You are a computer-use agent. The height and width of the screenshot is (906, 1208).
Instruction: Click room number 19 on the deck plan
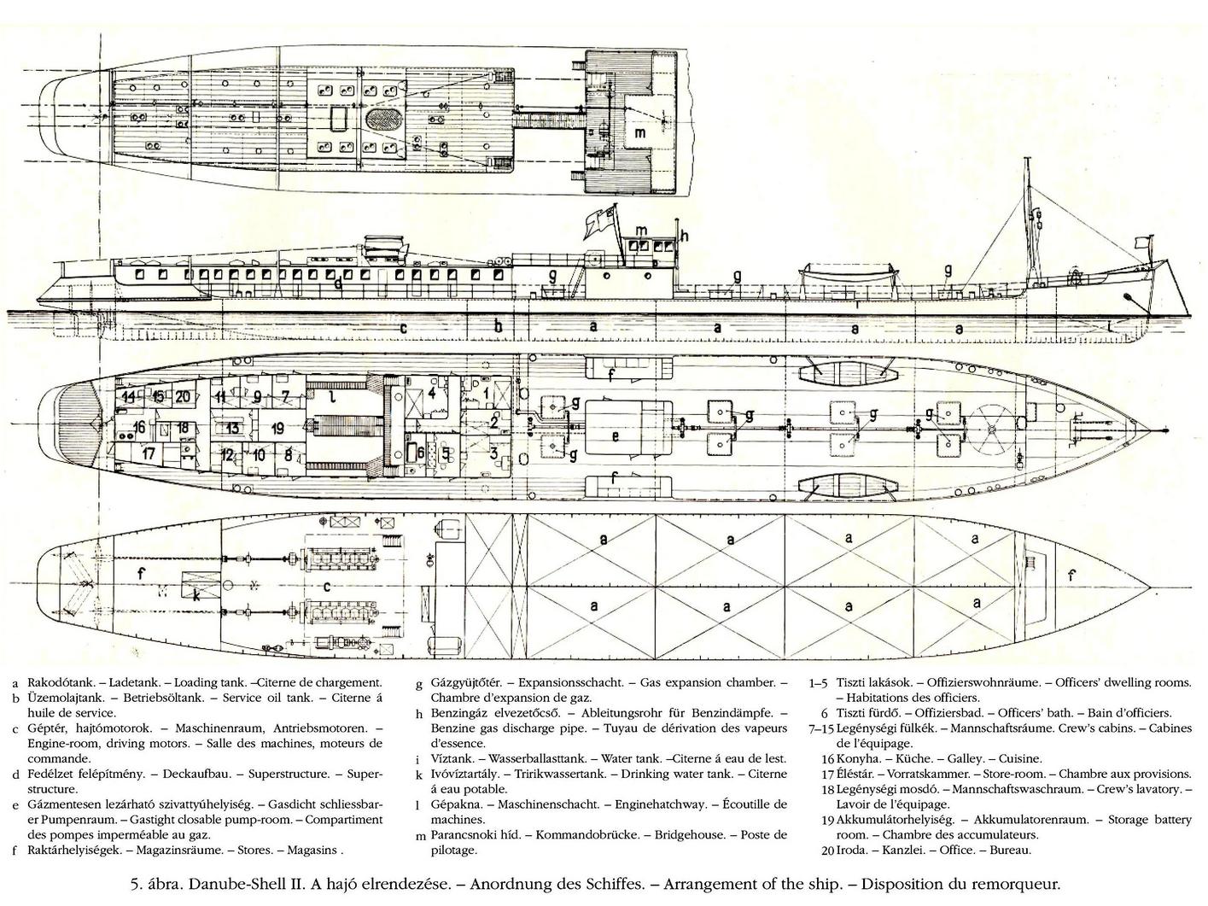click(x=277, y=428)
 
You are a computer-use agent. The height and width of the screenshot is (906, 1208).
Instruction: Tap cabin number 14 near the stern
click(x=129, y=396)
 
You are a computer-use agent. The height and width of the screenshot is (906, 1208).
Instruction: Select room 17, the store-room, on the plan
click(x=148, y=454)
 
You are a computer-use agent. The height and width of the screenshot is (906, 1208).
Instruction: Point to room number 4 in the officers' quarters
click(x=431, y=393)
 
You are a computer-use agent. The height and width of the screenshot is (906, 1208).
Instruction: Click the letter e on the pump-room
click(x=616, y=436)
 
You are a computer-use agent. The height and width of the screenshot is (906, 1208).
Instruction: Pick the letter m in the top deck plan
click(x=639, y=132)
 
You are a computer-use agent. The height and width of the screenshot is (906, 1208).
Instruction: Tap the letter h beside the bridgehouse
click(x=685, y=236)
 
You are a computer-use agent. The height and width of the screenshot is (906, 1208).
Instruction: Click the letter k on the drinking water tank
click(x=196, y=595)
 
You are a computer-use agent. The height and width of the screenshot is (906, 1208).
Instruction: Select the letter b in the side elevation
click(x=498, y=326)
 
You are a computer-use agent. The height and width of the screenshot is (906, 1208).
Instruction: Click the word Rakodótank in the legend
click(x=60, y=682)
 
